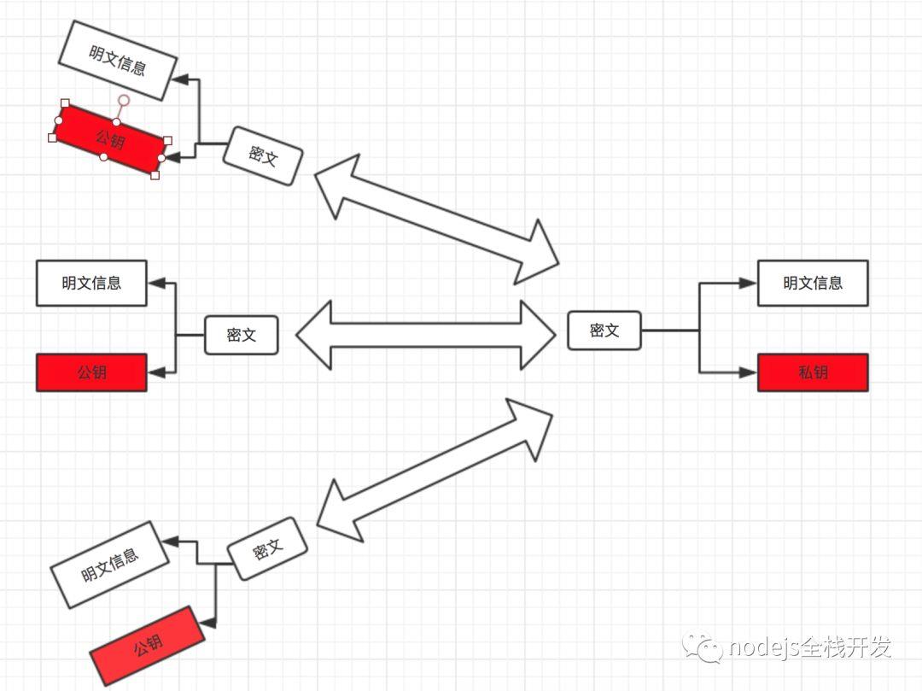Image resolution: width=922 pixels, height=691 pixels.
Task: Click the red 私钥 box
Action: tap(813, 372)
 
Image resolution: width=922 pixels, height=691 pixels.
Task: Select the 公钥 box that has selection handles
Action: tap(110, 139)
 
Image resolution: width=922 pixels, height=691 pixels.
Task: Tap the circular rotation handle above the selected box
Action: tap(124, 101)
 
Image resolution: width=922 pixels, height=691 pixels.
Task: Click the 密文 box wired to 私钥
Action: tap(604, 331)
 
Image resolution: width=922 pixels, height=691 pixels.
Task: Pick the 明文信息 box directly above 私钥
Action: tap(813, 283)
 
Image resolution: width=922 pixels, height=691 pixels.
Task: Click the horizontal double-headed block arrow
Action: tap(426, 335)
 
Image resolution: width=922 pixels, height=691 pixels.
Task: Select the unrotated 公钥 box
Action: tap(91, 372)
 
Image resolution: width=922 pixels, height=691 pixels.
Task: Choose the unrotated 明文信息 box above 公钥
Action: tap(91, 283)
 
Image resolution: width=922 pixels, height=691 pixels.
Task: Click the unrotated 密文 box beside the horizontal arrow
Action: tap(241, 335)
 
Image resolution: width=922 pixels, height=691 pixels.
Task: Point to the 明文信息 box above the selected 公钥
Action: tap(118, 61)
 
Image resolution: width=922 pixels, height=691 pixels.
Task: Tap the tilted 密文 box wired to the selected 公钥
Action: tap(263, 155)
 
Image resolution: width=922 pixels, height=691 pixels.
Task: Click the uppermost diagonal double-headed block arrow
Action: tap(436, 220)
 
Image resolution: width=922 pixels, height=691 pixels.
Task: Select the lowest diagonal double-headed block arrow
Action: tap(435, 470)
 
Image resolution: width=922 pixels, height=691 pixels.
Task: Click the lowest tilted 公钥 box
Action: tap(147, 646)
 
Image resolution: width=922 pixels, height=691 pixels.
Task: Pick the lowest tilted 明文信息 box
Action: tap(110, 565)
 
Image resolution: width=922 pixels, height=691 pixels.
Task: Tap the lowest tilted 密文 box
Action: tap(267, 548)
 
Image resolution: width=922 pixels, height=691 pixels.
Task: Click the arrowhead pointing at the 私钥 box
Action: tap(748, 372)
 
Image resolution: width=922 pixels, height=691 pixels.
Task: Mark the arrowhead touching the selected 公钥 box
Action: tap(172, 158)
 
